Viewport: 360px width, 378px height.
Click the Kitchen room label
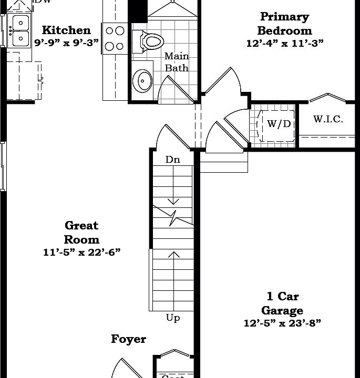click(66, 30)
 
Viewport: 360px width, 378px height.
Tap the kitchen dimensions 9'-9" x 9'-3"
click(66, 43)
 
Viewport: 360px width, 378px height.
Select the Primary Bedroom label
click(284, 24)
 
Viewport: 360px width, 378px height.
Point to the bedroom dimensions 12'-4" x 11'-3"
click(284, 44)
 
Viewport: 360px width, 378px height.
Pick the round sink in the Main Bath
click(142, 80)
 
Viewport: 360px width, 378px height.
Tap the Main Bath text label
click(177, 62)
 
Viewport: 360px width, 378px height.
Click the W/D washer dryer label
click(278, 124)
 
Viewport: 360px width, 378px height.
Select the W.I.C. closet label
click(328, 119)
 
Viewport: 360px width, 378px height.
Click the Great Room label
click(81, 232)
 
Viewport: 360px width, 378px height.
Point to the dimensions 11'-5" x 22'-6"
click(81, 253)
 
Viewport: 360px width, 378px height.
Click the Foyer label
click(128, 339)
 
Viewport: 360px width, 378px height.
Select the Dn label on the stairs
click(172, 160)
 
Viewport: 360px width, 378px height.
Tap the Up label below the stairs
click(172, 318)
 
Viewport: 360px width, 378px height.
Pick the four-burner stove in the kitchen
click(115, 38)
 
